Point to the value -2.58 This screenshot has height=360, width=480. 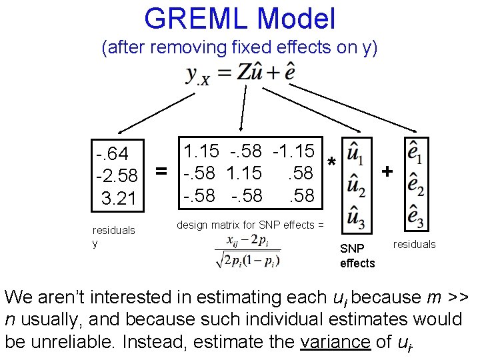(x=117, y=176)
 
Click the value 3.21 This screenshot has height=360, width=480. (x=118, y=198)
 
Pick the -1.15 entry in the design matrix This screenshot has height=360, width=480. (x=293, y=151)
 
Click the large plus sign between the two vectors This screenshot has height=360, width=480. (x=386, y=172)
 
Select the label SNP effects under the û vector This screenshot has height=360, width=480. (x=357, y=255)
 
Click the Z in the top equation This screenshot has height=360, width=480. (x=244, y=73)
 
